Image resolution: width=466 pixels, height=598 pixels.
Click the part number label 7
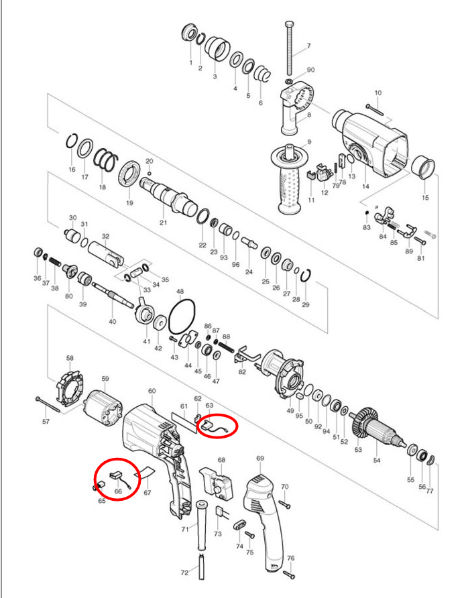click(x=309, y=46)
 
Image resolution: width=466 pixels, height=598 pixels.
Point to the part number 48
click(x=180, y=292)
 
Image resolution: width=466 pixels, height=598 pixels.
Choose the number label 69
click(x=260, y=459)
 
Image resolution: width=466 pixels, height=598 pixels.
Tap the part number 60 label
click(x=152, y=391)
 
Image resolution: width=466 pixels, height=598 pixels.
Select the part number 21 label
click(x=163, y=222)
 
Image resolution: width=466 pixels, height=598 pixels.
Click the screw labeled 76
click(x=290, y=574)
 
